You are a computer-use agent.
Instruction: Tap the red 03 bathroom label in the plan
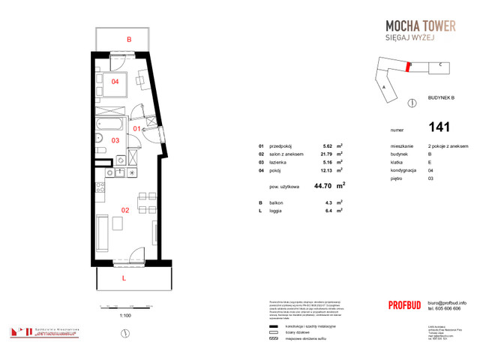115,140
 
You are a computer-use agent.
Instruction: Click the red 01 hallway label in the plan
137,129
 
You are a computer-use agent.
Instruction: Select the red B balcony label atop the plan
129,39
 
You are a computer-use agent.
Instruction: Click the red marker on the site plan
407,66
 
